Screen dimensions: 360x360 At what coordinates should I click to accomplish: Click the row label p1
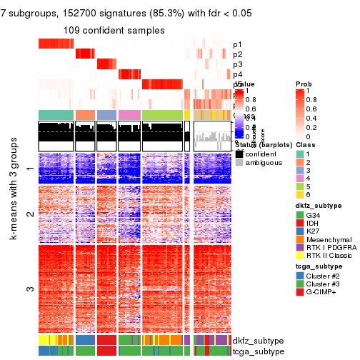[x=237, y=44]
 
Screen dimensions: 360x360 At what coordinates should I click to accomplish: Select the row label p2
[x=237, y=54]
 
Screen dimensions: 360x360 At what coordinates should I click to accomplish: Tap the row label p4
[x=237, y=74]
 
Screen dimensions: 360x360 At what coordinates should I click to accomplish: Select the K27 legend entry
[x=313, y=235]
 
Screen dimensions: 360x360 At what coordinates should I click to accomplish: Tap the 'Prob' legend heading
[x=304, y=84]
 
